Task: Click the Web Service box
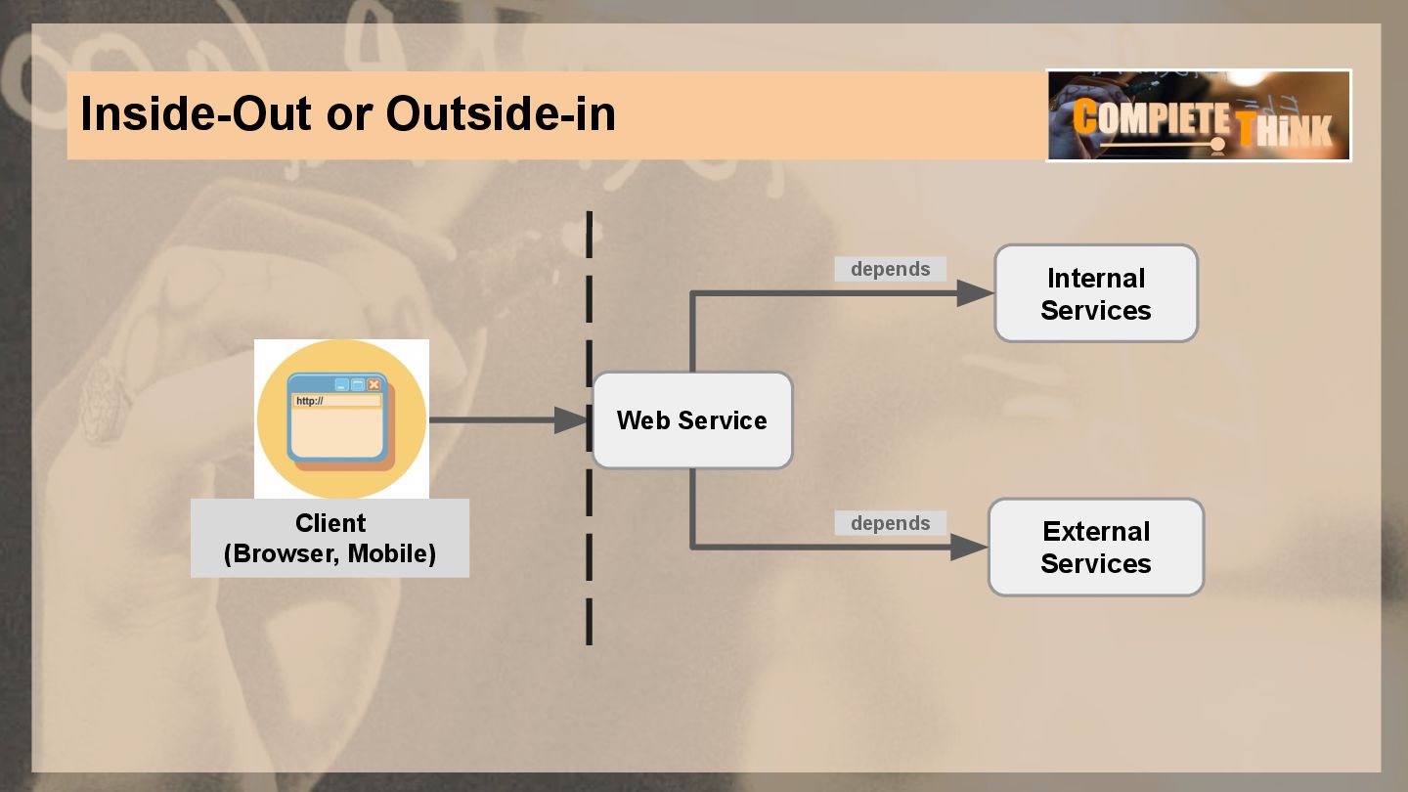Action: (692, 420)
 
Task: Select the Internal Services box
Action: (1096, 293)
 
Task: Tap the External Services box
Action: (1096, 548)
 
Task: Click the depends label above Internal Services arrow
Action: (890, 269)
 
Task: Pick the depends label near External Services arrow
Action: (890, 523)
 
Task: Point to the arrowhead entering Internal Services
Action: (975, 293)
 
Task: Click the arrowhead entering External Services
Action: (969, 548)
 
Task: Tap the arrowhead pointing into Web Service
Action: (572, 420)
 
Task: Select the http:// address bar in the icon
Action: (336, 401)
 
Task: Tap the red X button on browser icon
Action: (374, 384)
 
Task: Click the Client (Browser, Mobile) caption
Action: (330, 538)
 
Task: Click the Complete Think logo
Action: (1199, 115)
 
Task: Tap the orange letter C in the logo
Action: (1084, 117)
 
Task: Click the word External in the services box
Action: (1096, 532)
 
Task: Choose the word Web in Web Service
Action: (641, 420)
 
